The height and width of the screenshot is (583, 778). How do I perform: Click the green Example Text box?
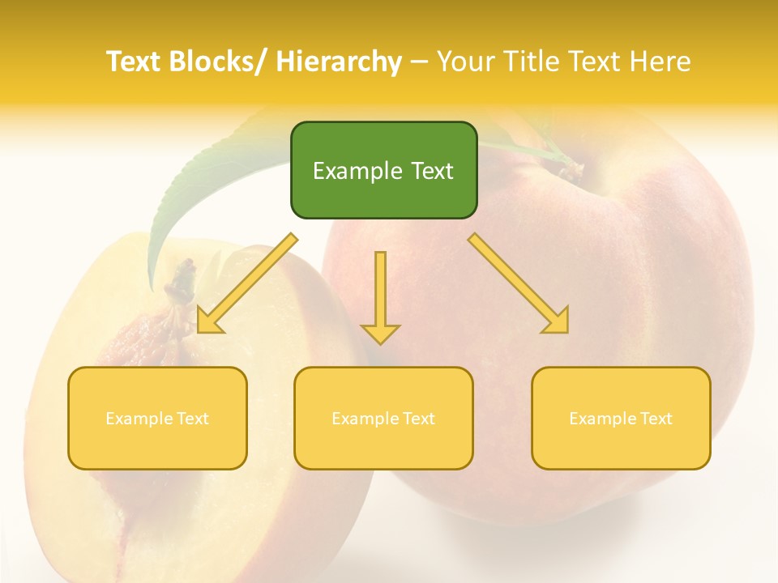(383, 170)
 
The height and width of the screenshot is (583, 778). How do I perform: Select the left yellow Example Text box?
(157, 418)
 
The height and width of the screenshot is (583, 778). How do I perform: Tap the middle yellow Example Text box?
(383, 418)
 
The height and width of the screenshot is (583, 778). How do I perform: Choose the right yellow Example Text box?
(621, 418)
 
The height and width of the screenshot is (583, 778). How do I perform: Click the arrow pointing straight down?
(380, 296)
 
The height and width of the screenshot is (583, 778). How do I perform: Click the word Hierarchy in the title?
(339, 62)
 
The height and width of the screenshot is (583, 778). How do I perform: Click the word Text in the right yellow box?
(655, 418)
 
